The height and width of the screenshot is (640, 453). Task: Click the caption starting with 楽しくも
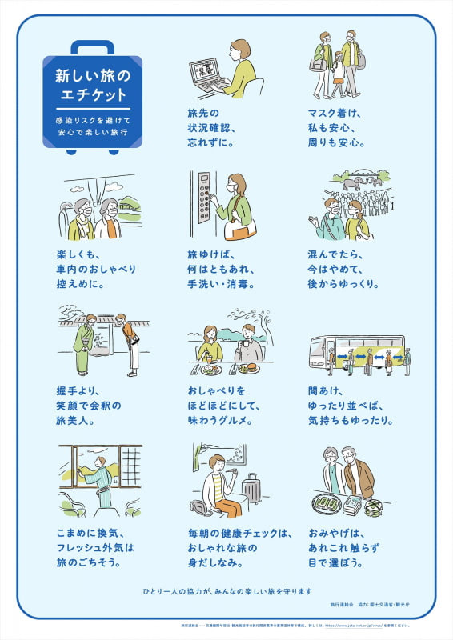click(x=84, y=269)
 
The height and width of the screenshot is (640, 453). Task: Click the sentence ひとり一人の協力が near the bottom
click(x=226, y=591)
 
